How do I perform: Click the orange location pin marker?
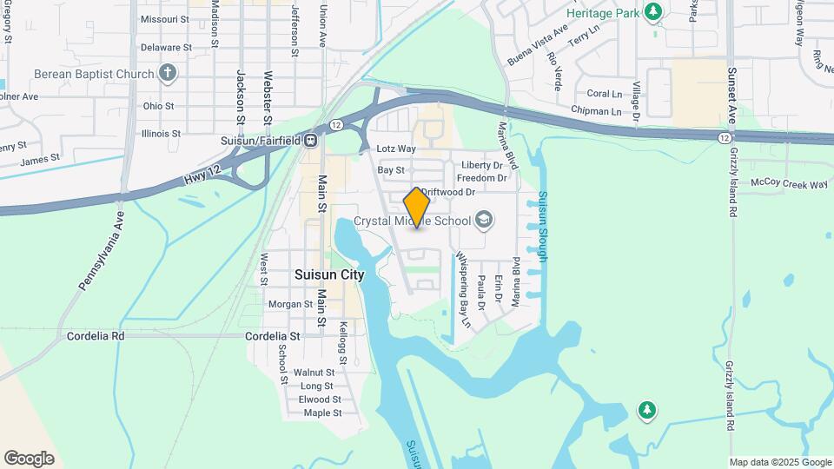click(417, 208)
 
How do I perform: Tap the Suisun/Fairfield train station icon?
click(310, 140)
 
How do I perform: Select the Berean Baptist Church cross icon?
click(169, 74)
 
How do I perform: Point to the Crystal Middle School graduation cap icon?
click(485, 220)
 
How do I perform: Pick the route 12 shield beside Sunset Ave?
click(724, 138)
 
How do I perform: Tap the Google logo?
click(29, 458)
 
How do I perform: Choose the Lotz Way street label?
click(397, 149)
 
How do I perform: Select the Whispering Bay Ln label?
click(463, 290)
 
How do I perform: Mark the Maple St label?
click(322, 413)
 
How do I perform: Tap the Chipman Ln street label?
click(597, 111)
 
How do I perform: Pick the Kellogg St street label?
click(344, 342)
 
